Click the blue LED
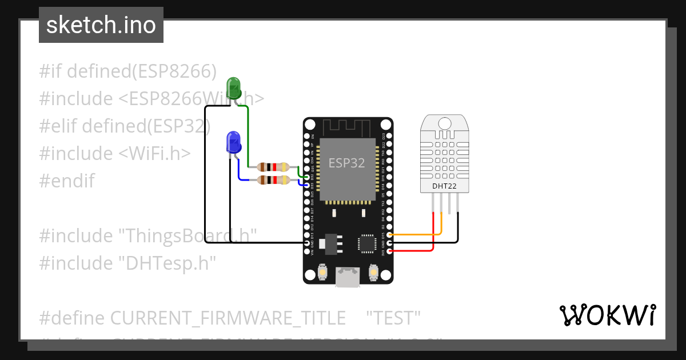(x=233, y=141)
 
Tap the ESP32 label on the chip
(x=346, y=163)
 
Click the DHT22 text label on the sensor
(x=444, y=186)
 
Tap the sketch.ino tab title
(x=101, y=25)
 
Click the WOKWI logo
(x=607, y=315)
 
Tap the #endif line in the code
(x=67, y=181)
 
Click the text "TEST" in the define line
(x=393, y=318)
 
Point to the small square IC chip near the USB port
(x=366, y=243)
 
